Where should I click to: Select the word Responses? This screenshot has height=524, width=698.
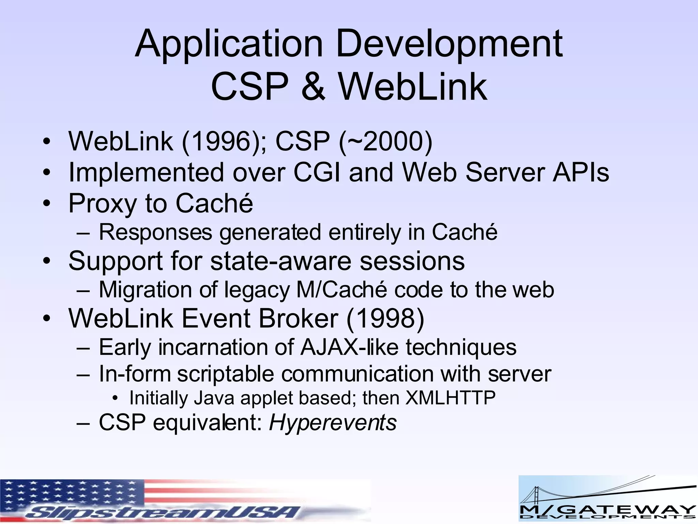[155, 232]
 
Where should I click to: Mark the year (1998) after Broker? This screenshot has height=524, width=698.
[385, 319]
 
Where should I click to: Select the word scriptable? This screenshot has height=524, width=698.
[225, 374]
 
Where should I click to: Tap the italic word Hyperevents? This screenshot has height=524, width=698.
[333, 423]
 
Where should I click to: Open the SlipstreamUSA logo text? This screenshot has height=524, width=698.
[164, 511]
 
